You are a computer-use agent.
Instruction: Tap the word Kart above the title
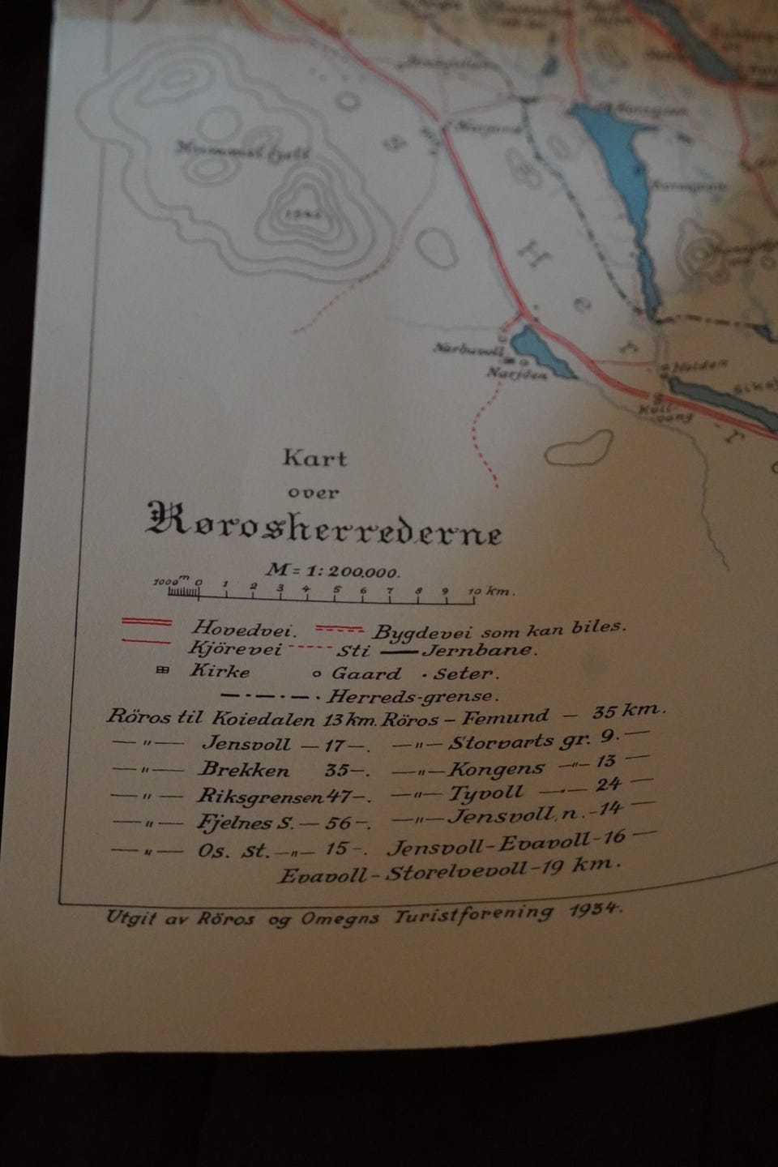314,459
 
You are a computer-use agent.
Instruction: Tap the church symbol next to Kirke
162,670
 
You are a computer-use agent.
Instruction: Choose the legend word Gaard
366,673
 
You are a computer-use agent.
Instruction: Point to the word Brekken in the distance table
243,770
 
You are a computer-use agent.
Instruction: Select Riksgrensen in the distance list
259,796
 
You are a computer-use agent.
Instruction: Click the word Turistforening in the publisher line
474,915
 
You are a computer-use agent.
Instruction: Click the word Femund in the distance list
515,717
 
